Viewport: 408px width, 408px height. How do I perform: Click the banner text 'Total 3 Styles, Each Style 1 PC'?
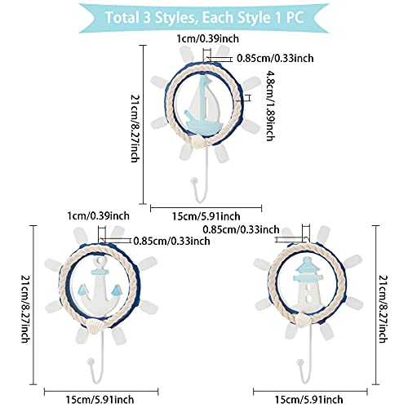pos(204,18)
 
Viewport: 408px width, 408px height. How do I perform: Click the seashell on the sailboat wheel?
pos(201,141)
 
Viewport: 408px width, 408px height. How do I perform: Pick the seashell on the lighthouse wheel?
pos(304,320)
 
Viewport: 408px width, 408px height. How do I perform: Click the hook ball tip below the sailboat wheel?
pos(193,180)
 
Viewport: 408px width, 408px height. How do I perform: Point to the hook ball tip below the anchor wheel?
pos(91,361)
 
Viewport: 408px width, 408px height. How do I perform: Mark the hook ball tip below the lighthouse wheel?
pos(300,362)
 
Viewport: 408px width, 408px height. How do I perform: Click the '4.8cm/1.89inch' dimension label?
pos(270,105)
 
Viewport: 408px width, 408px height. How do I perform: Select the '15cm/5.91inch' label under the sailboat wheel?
pos(206,216)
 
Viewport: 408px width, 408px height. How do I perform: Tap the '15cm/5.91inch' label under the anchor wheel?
pos(100,400)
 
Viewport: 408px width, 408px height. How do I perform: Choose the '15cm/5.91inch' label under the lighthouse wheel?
pos(308,400)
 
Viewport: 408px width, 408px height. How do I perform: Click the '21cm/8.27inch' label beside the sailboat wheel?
pos(135,128)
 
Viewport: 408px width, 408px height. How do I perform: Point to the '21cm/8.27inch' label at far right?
pos(384,309)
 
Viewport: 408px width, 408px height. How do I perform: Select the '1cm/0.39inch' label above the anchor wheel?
pos(98,216)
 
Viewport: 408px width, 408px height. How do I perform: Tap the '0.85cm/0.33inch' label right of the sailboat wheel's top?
pos(275,58)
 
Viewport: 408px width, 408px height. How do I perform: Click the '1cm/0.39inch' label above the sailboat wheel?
pos(208,38)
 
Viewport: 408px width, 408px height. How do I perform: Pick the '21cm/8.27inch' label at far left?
pos(26,309)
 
